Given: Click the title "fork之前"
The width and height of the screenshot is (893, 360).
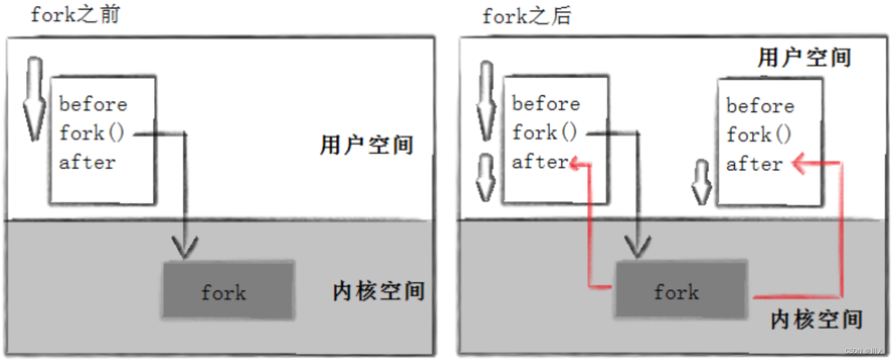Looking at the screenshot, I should [x=75, y=15].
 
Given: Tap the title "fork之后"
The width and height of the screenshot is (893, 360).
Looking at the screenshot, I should [x=526, y=17].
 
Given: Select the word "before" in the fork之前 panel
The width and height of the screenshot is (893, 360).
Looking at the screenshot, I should [x=93, y=105].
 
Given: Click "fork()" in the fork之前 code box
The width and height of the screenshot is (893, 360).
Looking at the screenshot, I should [x=92, y=134].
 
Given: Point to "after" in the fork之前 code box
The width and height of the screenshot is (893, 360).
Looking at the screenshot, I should [x=87, y=163].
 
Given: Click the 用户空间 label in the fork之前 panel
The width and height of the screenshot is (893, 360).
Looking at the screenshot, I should [x=366, y=145].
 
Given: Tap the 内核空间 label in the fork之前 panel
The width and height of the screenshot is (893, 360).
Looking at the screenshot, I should [x=379, y=291].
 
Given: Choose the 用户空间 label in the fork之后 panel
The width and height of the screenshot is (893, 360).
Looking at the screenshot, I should [x=804, y=58].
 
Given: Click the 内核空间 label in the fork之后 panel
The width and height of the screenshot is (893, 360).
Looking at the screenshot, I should [x=816, y=319].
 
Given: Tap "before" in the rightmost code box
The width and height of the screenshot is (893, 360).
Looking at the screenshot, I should [x=760, y=106].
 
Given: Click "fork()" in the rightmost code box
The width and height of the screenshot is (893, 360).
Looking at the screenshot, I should [x=759, y=136].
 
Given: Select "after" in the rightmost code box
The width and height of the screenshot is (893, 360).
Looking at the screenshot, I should [x=754, y=165].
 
